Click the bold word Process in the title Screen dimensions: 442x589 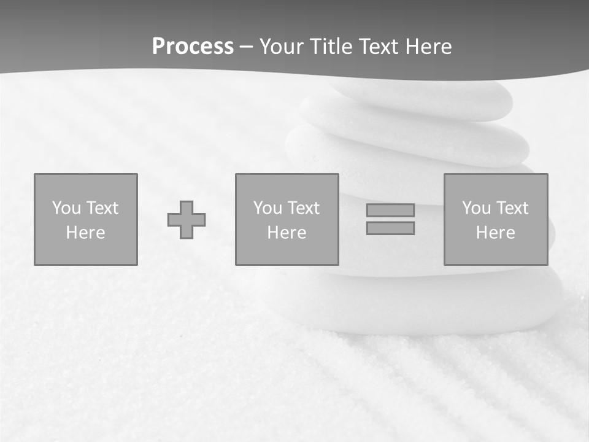[x=193, y=47]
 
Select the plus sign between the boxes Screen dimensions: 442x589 [x=187, y=220]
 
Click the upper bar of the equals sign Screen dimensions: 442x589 [x=390, y=210]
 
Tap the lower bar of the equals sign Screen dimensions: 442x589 [x=390, y=228]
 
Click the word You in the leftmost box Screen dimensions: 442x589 [x=66, y=208]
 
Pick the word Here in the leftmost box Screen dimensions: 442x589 [x=85, y=233]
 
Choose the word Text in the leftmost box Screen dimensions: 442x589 [x=101, y=208]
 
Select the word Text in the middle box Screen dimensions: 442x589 [x=302, y=208]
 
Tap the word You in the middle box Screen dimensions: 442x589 [x=268, y=208]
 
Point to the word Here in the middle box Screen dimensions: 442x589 [x=287, y=233]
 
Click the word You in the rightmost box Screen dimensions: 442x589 [x=476, y=208]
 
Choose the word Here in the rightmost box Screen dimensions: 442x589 [x=495, y=233]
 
